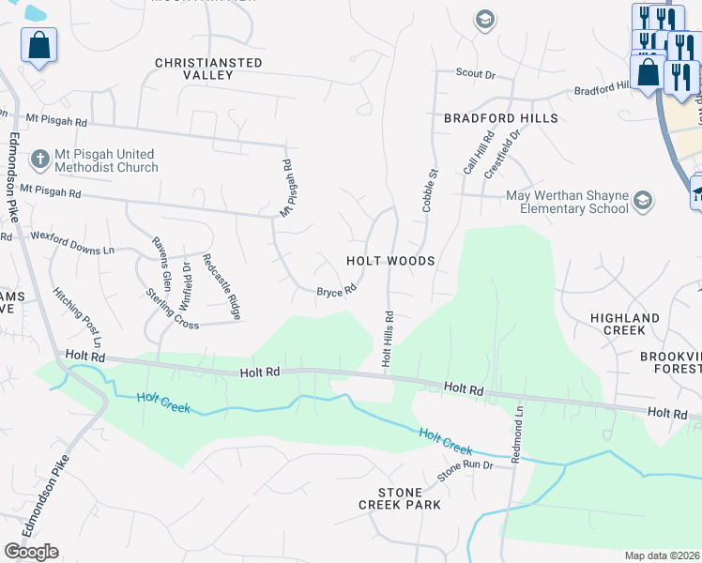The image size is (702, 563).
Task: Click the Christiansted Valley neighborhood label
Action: pyautogui.click(x=208, y=68)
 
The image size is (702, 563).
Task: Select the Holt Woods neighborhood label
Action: pyautogui.click(x=390, y=261)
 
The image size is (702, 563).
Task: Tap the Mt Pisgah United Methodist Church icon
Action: pyautogui.click(x=39, y=160)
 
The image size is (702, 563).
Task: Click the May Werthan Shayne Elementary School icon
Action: pyautogui.click(x=643, y=201)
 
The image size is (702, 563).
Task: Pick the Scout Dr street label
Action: pyautogui.click(x=475, y=73)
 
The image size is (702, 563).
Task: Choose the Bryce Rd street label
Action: pyautogui.click(x=336, y=291)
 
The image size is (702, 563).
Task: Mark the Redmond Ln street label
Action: pyautogui.click(x=516, y=435)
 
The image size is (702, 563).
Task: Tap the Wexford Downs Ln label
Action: pyautogui.click(x=72, y=251)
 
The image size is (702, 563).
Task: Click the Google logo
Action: pyautogui.click(x=31, y=552)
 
